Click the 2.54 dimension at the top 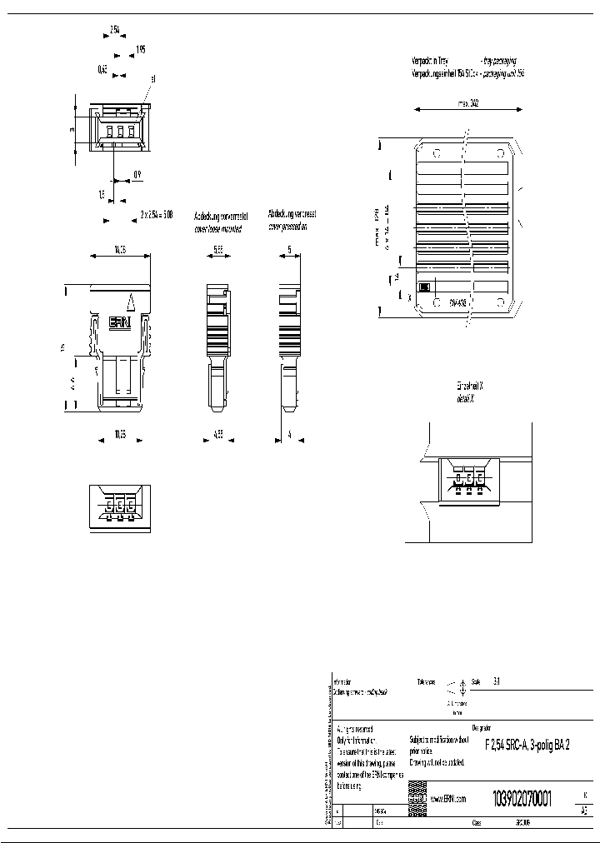tap(115, 29)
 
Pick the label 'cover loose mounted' tap(217, 228)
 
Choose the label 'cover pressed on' tap(287, 227)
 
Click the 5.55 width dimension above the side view tap(218, 249)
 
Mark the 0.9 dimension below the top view tap(137, 175)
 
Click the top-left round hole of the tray tap(436, 153)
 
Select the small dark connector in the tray tap(423, 287)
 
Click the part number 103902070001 tap(522, 796)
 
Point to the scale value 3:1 tap(497, 681)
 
